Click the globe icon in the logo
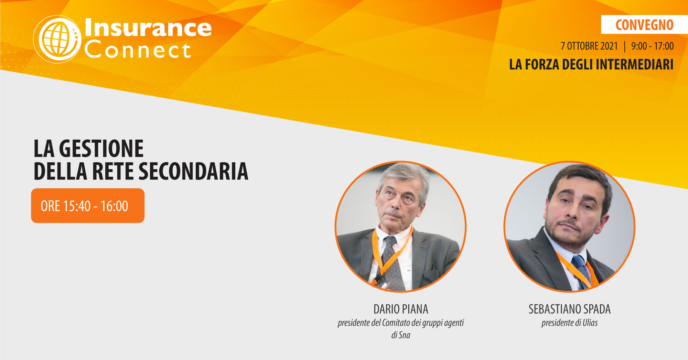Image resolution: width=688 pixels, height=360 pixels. (57, 39)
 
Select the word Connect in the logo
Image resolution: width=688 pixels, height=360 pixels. (138, 50)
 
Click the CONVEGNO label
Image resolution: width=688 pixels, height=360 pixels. (644, 25)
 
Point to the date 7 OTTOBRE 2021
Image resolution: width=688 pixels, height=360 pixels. (589, 46)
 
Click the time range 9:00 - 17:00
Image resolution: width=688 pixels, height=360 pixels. (652, 46)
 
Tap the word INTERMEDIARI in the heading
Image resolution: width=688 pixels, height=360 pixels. (635, 65)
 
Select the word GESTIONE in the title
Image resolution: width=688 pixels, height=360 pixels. (101, 149)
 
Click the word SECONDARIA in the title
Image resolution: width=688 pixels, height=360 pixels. (193, 171)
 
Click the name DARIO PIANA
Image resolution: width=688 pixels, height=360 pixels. (401, 309)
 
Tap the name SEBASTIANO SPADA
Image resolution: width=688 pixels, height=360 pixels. (570, 309)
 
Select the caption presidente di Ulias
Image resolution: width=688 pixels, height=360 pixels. (570, 323)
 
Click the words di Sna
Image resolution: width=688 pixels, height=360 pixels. (401, 335)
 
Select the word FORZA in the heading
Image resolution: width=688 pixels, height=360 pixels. (542, 65)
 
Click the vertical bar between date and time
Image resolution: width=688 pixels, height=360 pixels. (625, 46)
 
